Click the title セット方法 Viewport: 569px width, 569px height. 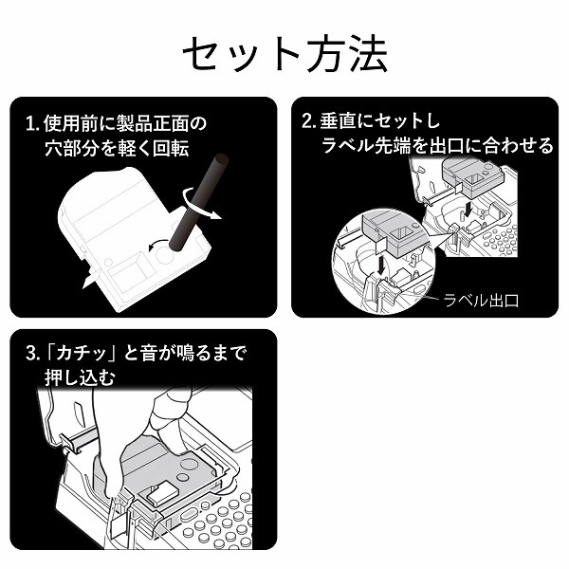pyautogui.click(x=284, y=54)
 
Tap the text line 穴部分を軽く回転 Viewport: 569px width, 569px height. pyautogui.click(x=118, y=149)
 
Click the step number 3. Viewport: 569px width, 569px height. pyautogui.click(x=30, y=354)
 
